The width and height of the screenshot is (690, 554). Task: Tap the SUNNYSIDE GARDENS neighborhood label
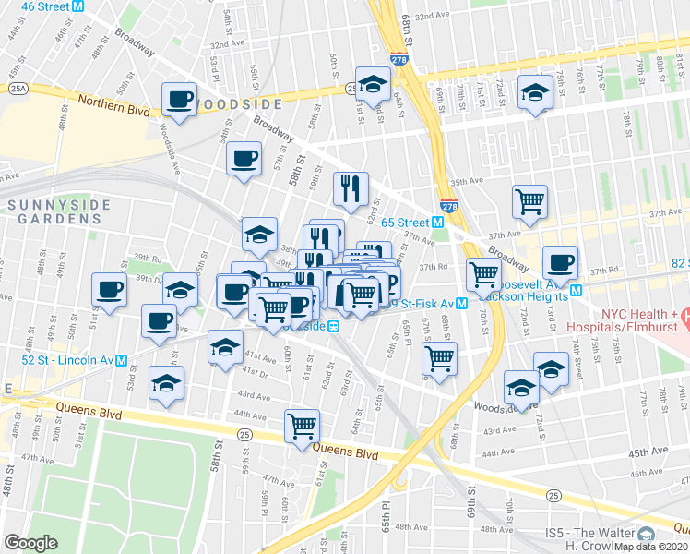coord(55,211)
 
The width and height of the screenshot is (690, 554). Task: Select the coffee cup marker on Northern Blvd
coord(181,98)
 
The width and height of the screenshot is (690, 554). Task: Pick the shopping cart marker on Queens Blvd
coord(303,426)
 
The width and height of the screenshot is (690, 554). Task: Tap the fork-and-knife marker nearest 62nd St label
coord(351,188)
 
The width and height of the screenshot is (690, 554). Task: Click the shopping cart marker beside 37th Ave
coord(529,200)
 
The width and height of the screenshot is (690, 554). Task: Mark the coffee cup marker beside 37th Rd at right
coord(560,262)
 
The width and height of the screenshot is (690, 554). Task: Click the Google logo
coord(31,543)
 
